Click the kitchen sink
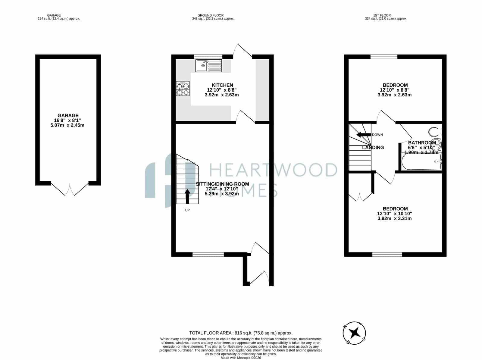(208, 66)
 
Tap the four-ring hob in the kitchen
(183, 89)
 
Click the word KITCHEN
(222, 85)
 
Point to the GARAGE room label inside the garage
(68, 115)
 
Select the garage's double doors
(70, 189)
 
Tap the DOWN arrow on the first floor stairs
(364, 135)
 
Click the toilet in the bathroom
(435, 132)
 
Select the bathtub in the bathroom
(421, 161)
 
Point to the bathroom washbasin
(436, 144)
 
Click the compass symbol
(354, 333)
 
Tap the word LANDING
(373, 148)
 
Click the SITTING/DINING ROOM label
(222, 184)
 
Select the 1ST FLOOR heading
(382, 15)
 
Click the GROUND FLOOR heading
(210, 15)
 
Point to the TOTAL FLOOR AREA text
(241, 333)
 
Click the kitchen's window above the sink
(208, 57)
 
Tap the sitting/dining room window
(208, 255)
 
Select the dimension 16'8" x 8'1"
(67, 120)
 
